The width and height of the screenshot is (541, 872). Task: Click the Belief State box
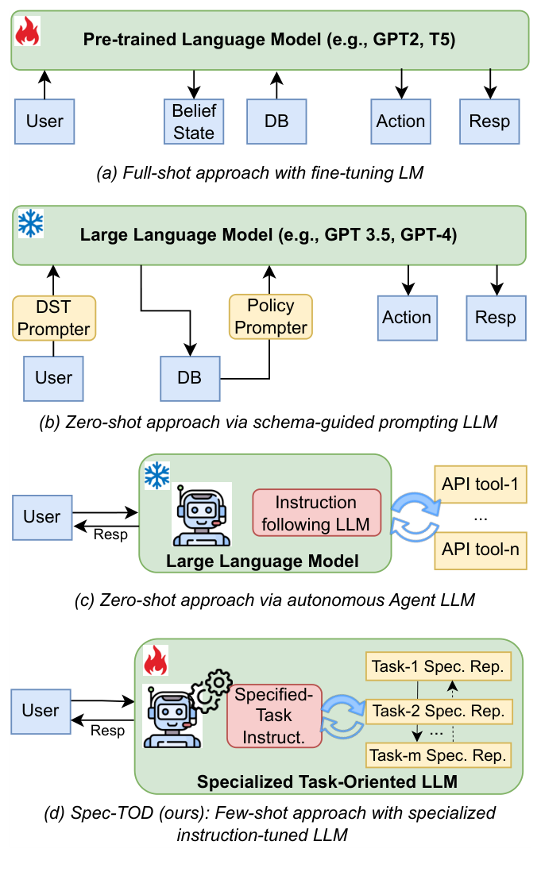point(194,122)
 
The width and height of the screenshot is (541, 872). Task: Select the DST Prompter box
point(54,318)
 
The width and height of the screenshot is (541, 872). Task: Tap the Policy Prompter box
point(271,317)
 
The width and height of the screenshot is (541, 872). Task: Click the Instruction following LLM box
point(316,513)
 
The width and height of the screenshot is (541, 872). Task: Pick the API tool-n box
point(481,547)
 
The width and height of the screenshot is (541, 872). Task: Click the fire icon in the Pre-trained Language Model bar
point(28,33)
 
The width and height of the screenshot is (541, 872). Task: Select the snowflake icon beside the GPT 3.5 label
point(30,225)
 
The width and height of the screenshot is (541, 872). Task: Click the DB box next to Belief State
point(276,122)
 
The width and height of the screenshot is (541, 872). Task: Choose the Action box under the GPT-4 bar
point(407,318)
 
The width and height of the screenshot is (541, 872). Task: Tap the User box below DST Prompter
point(54,378)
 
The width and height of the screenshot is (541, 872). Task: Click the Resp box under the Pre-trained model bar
point(489,122)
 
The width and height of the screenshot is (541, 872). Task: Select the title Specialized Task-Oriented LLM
point(327,781)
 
